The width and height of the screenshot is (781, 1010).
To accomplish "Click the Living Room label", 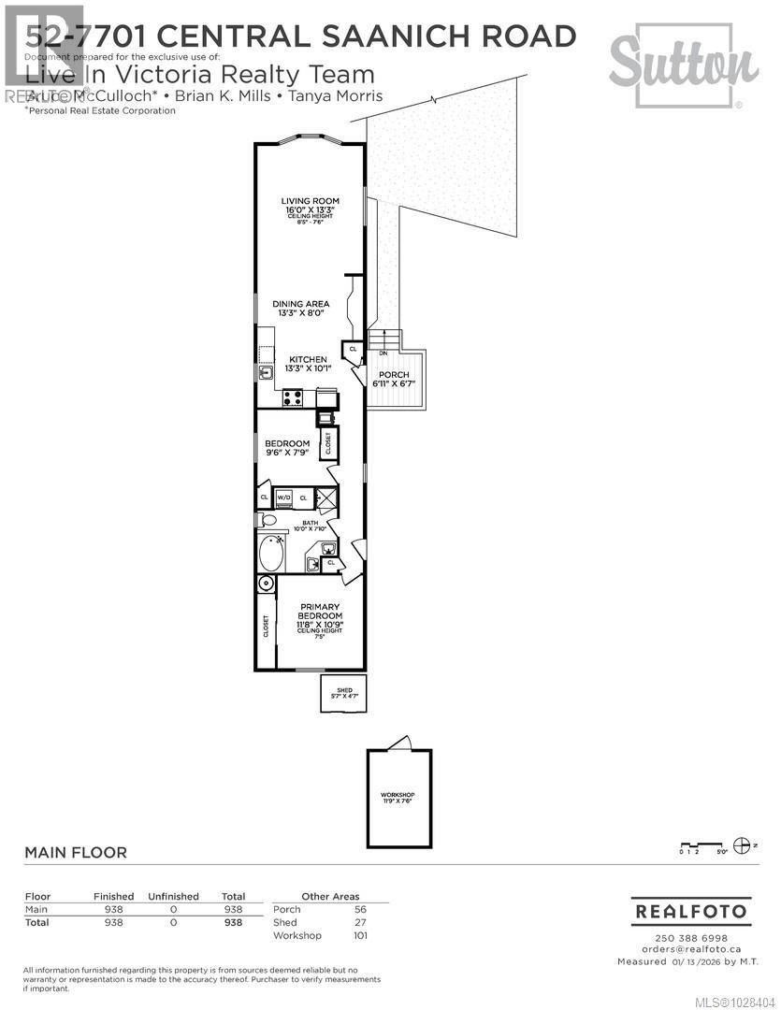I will (x=310, y=201).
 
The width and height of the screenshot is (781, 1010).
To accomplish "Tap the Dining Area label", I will (x=300, y=304).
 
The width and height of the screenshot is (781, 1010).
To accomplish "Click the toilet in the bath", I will (x=268, y=520).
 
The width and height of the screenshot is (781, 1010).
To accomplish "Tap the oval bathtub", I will (x=271, y=552).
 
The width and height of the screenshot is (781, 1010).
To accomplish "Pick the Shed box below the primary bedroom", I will (x=340, y=693).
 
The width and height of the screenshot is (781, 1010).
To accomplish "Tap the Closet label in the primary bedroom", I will (x=266, y=626).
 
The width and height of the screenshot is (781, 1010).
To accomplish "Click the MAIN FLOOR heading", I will (x=76, y=853).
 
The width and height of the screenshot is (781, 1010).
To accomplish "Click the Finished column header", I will (x=113, y=896).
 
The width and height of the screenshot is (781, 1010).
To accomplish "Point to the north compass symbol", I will (x=744, y=844).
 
